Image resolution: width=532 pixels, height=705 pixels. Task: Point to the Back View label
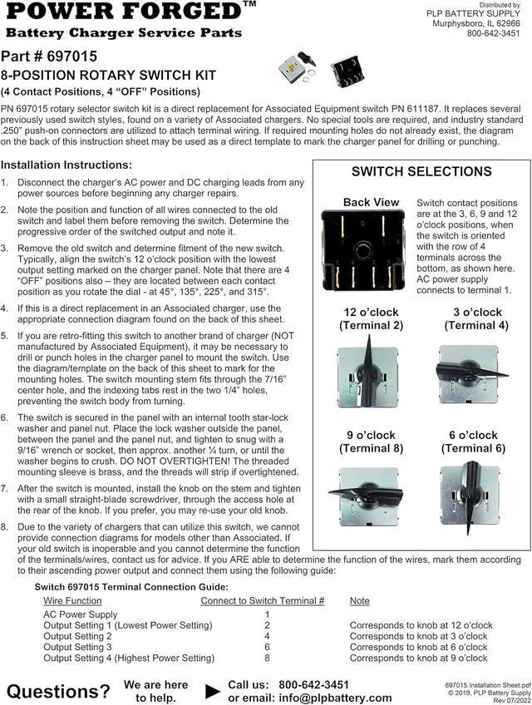[371, 202]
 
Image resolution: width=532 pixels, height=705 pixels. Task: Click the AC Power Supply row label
[80, 614]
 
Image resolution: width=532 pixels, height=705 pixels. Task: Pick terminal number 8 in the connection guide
[267, 658]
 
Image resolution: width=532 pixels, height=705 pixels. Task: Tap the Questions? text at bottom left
[58, 691]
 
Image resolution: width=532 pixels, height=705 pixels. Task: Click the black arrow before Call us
[213, 690]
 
